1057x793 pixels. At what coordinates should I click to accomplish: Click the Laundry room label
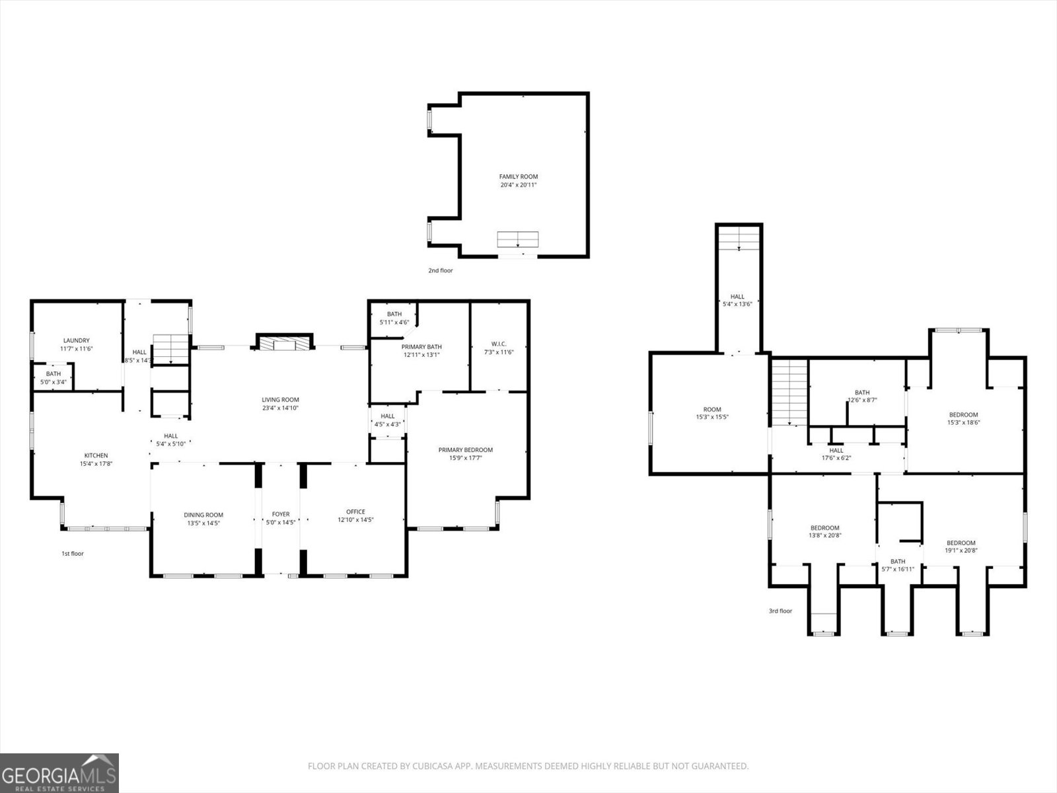76,341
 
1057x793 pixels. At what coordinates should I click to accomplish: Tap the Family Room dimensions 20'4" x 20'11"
518,186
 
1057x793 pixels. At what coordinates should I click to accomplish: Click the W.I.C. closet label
499,344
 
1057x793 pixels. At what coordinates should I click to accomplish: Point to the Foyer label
281,514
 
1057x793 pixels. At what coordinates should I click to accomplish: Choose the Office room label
355,511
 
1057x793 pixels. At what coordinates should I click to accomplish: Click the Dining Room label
203,515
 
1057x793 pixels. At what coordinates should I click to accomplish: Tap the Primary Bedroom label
465,450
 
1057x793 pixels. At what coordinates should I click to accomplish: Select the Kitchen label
96,455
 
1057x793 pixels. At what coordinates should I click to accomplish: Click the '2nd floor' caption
441,270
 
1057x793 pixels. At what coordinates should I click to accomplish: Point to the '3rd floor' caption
780,611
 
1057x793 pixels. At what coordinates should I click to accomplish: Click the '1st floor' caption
73,554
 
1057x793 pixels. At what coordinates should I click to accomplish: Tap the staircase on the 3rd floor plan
790,393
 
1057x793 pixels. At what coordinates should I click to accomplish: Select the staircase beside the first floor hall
171,349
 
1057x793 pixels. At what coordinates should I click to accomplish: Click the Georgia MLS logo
59,773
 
